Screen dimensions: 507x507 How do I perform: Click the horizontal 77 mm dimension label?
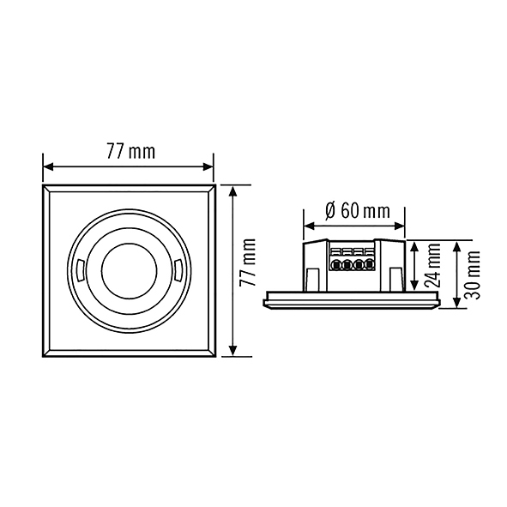(131, 152)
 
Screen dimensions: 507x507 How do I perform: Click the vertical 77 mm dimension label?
(248, 263)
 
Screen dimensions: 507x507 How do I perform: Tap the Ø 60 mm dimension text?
(358, 212)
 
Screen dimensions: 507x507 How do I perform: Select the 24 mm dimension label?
(432, 265)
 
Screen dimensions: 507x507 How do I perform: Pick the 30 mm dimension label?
(471, 275)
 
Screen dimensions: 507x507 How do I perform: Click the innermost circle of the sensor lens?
(130, 270)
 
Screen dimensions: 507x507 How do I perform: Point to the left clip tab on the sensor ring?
(81, 270)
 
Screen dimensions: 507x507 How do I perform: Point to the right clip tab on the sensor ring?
(178, 270)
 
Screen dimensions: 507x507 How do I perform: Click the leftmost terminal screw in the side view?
(336, 265)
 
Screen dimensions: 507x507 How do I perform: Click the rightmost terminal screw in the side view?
(368, 265)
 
